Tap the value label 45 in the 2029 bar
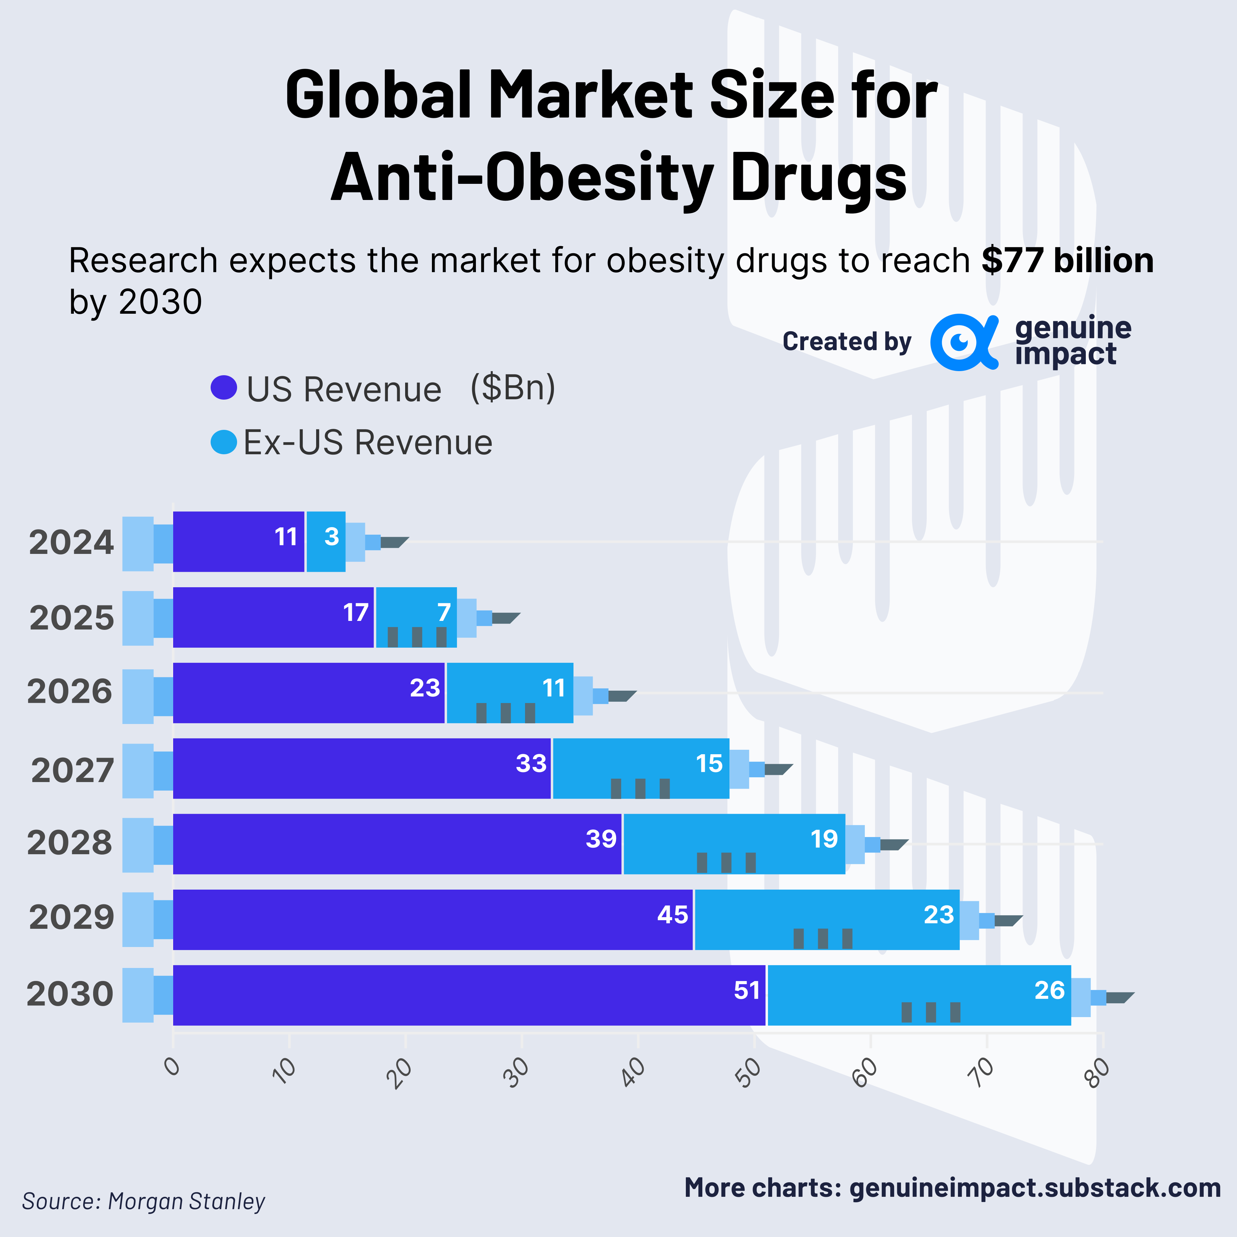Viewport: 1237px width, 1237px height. click(x=672, y=915)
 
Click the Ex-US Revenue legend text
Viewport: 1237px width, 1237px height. click(x=368, y=443)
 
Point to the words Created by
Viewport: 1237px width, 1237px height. click(x=846, y=342)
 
